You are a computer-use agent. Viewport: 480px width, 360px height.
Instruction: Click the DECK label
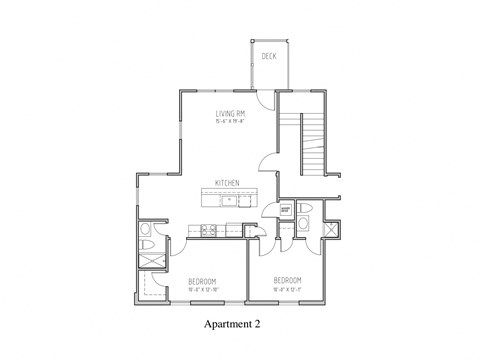269,57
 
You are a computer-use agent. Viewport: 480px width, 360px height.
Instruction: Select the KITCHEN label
226,183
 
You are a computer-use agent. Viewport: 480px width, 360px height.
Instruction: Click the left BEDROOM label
202,282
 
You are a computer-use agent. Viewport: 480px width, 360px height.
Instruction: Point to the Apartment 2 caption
239,326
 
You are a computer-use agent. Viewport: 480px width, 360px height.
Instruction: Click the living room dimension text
231,123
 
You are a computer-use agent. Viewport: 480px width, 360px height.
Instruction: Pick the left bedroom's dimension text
202,291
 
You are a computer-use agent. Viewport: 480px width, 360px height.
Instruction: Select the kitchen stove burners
209,230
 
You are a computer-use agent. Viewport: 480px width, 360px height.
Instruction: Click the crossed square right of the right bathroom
330,228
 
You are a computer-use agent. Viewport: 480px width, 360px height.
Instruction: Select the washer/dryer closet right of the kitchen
285,210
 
